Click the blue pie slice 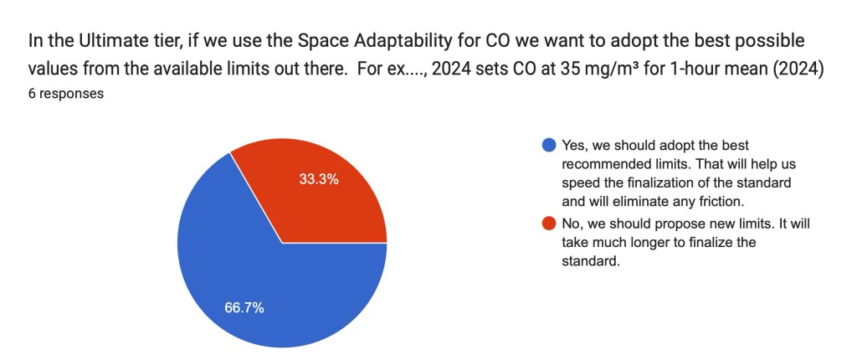pos(251,276)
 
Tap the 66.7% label pos(244,307)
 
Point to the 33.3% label pos(319,178)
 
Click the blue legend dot pos(548,145)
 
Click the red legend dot pos(548,225)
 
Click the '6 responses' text pos(65,94)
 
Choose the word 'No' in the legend pos(572,225)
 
